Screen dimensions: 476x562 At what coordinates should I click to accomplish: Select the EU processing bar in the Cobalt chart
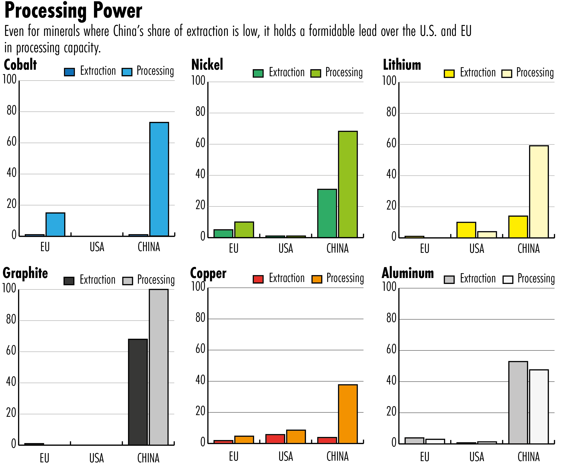[x=55, y=224]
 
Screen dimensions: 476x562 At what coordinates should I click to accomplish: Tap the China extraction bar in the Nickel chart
[x=327, y=213]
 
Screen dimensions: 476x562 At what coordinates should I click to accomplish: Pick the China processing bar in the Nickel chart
[x=348, y=184]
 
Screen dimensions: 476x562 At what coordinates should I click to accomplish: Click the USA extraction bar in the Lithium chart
[x=466, y=230]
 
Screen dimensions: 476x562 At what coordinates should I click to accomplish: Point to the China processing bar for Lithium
[x=539, y=191]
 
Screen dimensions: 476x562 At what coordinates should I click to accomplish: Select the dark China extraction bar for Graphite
[x=138, y=392]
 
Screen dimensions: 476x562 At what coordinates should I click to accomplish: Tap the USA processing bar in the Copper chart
[x=296, y=437]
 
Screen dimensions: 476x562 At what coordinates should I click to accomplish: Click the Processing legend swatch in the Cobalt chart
[x=127, y=72]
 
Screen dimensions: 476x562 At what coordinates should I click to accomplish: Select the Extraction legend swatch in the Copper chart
[x=258, y=279]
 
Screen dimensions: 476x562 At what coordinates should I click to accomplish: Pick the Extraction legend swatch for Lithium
[x=449, y=74]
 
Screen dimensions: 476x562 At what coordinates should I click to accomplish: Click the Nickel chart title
[x=207, y=65]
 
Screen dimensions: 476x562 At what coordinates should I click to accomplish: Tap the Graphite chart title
[x=25, y=273]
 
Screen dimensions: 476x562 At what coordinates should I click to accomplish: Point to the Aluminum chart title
[x=408, y=273]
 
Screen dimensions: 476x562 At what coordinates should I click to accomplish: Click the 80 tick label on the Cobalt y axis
[x=12, y=111]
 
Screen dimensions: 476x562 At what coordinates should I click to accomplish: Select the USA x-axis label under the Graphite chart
[x=96, y=458]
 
